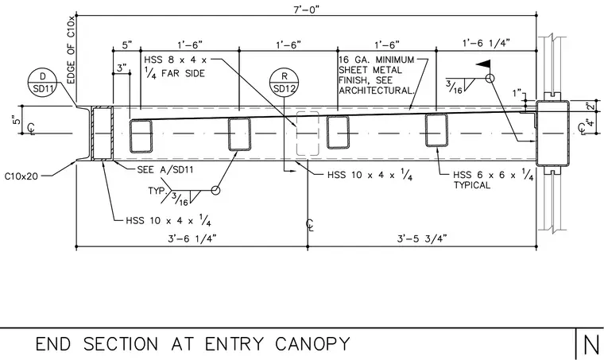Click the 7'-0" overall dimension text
(x=307, y=9)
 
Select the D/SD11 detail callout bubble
(x=43, y=82)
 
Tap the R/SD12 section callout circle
(x=285, y=82)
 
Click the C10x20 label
(x=21, y=176)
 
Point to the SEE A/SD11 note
(x=165, y=169)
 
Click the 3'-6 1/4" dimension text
(x=192, y=238)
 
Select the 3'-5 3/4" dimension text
(x=422, y=238)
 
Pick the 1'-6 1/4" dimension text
(x=486, y=43)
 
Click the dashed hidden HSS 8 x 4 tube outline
(x=308, y=134)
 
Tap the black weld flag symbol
(x=484, y=64)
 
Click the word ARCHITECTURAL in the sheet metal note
(x=377, y=91)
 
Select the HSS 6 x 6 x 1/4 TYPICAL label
(x=493, y=180)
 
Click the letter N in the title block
(x=591, y=345)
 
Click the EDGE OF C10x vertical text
(x=72, y=50)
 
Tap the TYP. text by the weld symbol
(x=158, y=191)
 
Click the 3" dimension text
(x=122, y=68)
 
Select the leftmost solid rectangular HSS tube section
(x=141, y=136)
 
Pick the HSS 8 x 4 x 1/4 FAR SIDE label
(x=176, y=67)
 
